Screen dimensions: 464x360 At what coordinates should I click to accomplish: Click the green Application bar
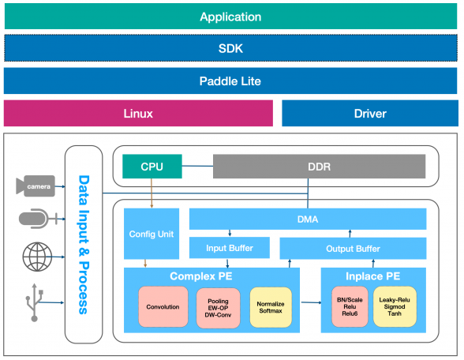pos(230,17)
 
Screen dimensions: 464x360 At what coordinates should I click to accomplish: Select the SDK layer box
pos(230,48)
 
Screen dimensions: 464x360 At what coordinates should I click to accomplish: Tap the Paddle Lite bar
pos(230,81)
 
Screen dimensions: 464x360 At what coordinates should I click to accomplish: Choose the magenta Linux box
pos(138,114)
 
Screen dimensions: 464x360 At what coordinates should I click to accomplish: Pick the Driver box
pos(370,114)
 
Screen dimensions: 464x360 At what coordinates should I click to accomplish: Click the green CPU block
pos(152,167)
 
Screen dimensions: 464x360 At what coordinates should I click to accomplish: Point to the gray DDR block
pos(319,167)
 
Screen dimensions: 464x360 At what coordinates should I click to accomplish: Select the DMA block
pos(308,219)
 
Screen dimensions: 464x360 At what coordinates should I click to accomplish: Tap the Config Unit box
pos(152,234)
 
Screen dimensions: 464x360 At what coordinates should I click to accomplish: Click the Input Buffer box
pos(230,248)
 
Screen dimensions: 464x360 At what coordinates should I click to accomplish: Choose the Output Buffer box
pos(353,249)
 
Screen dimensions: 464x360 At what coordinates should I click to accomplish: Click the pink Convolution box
pos(163,306)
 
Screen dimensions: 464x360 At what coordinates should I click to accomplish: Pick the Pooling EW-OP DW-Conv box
pos(218,308)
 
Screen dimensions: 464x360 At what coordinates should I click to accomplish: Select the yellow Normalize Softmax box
pos(271,307)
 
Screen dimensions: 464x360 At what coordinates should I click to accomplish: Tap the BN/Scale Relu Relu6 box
pos(350,306)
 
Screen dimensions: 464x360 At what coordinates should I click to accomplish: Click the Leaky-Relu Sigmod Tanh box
pos(395,306)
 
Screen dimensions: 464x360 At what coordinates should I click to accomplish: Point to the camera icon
pos(36,186)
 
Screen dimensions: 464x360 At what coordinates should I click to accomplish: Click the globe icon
pos(37,257)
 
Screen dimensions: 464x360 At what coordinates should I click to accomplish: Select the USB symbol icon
pos(35,302)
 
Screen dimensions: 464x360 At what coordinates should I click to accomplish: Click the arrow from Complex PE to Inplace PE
pos(311,302)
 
